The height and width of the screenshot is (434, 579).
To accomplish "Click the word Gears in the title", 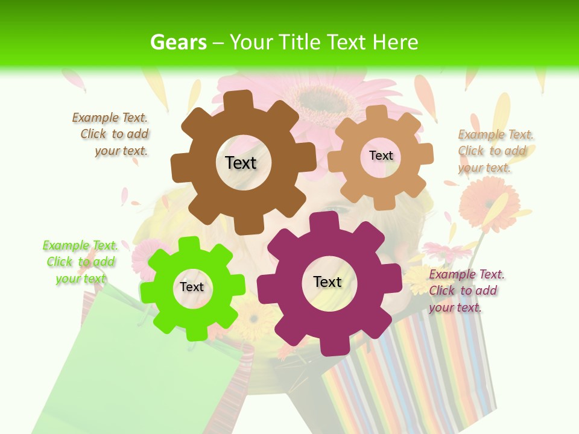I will tap(178, 42).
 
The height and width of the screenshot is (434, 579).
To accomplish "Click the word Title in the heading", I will tap(301, 42).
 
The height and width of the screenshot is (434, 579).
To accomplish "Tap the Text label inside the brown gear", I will tap(241, 163).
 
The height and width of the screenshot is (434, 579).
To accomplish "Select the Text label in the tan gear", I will tap(381, 156).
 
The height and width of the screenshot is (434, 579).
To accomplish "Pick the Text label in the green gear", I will tap(192, 287).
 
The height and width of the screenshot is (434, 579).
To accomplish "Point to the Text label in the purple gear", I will tap(327, 281).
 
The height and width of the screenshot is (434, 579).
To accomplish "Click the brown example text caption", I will tap(110, 134).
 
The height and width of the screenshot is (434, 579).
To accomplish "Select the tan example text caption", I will tap(496, 151).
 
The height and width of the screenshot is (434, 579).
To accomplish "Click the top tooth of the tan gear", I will tap(377, 113).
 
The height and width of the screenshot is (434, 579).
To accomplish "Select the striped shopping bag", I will tap(410, 374).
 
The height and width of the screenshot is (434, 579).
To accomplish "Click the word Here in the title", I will tap(396, 42).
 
